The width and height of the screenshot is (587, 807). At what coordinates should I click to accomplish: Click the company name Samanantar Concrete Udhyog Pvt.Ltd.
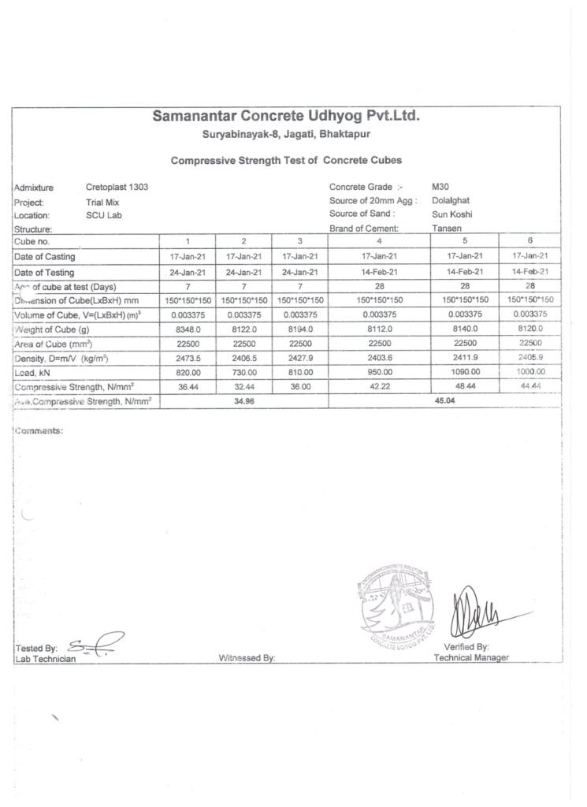[286, 117]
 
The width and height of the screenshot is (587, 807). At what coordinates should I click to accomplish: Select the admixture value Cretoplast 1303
[117, 188]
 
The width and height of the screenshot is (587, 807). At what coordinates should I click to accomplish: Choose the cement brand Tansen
[447, 228]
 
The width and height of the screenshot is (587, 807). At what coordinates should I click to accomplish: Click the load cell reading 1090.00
[465, 373]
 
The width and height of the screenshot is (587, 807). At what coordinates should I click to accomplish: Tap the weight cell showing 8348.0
[188, 329]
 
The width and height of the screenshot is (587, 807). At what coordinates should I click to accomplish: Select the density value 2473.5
[188, 359]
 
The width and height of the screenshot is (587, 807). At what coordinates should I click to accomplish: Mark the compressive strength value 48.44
[465, 387]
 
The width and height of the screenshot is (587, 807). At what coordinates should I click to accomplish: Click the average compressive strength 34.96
[243, 401]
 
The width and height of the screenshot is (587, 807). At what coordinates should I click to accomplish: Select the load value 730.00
[243, 373]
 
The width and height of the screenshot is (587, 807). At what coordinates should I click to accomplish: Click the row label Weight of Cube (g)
[51, 329]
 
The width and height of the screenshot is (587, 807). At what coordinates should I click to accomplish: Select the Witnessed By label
[246, 658]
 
